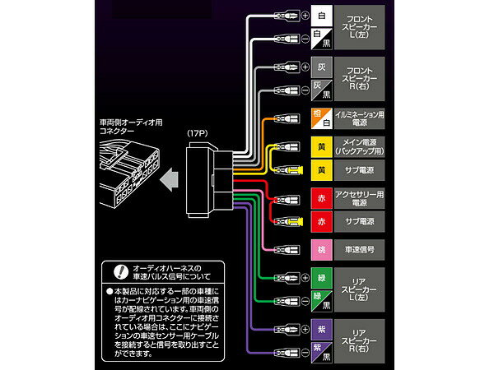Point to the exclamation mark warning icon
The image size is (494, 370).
(x=120, y=268)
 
